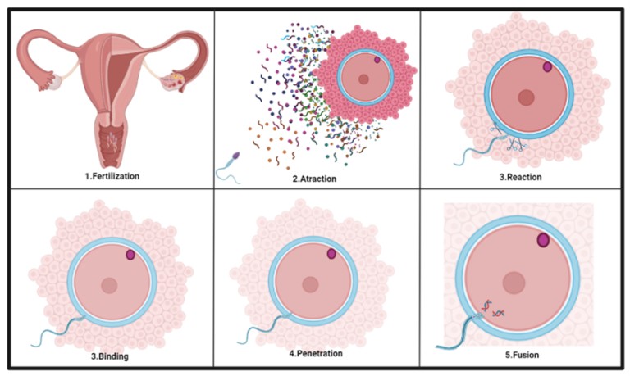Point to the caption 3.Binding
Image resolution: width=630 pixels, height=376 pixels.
point(107,356)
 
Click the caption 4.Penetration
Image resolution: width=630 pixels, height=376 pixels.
point(316,354)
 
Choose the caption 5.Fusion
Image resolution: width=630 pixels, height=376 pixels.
point(523,356)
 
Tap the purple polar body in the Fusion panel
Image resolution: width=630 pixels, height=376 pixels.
point(542,240)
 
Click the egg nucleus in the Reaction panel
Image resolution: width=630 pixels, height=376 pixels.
point(525,97)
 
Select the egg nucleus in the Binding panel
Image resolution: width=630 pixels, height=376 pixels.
point(108,285)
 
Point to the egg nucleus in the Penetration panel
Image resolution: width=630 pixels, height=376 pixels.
point(310,283)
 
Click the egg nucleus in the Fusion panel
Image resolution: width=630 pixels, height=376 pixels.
point(514,282)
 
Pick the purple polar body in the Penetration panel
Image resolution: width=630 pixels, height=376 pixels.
point(331,254)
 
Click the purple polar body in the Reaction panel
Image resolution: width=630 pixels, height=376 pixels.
point(548,67)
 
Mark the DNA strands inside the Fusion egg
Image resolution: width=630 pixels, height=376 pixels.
point(492,308)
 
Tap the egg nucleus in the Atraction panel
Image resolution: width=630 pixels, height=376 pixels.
point(363,79)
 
